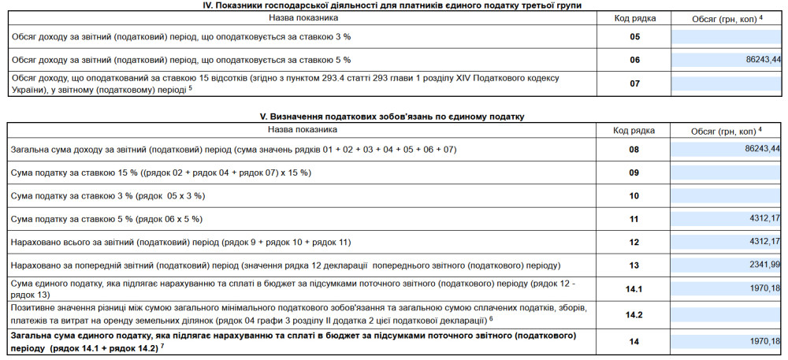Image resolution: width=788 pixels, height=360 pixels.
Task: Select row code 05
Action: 635,36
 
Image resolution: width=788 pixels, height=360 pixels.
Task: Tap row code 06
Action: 635,60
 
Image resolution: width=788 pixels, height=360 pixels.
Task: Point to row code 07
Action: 635,83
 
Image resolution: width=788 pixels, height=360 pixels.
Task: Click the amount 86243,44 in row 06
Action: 762,60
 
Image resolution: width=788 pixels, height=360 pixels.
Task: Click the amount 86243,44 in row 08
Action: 762,148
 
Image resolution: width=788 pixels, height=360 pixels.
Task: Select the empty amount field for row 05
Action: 726,36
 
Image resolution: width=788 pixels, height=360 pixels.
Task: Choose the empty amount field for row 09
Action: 726,173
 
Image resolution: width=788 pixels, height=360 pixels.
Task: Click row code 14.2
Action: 634,315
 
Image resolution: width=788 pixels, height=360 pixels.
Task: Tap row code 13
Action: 634,265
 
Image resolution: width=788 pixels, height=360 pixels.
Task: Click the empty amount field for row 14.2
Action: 726,315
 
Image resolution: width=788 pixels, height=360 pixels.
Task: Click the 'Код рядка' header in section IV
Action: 634,17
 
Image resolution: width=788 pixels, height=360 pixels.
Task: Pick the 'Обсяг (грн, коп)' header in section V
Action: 726,131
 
